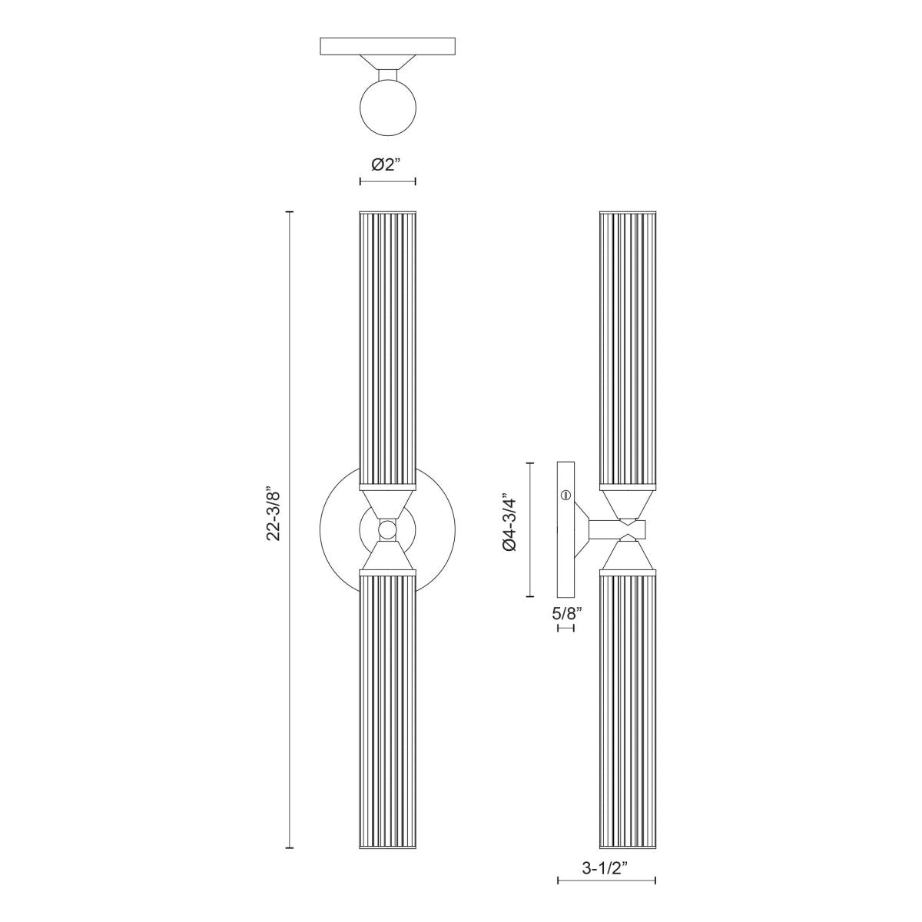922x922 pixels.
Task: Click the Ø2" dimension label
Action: click(x=387, y=164)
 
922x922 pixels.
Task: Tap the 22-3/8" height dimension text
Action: click(x=274, y=513)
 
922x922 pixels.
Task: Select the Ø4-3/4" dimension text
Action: click(x=508, y=522)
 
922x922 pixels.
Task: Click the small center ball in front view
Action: click(x=387, y=529)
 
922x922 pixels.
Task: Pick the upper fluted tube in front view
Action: click(x=387, y=346)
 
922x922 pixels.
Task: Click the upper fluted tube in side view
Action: click(x=627, y=346)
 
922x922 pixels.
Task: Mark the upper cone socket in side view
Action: click(x=627, y=504)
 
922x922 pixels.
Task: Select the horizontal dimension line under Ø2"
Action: click(x=387, y=181)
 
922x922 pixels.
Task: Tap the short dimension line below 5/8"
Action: click(x=565, y=628)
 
